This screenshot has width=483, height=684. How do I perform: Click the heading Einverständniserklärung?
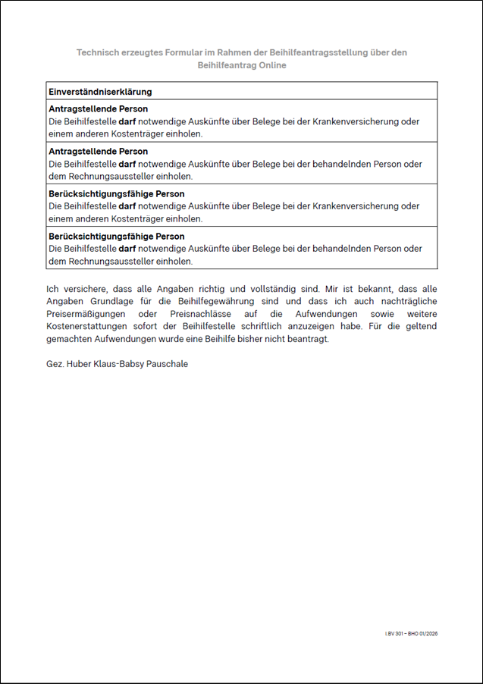(x=100, y=92)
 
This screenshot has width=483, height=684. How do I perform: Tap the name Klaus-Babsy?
(x=122, y=364)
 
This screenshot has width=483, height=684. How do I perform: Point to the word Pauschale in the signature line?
(x=168, y=364)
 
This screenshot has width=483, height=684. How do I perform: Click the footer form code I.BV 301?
(x=394, y=633)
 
